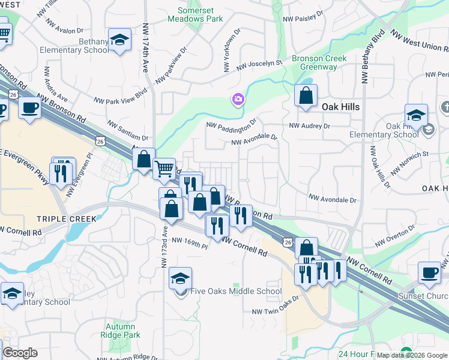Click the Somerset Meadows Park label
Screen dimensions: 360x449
200,15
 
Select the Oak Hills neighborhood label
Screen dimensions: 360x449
340,106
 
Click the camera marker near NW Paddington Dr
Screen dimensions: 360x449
238,99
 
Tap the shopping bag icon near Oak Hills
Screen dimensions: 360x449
306,95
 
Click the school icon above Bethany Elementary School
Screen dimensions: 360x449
119,40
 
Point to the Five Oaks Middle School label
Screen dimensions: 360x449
236,292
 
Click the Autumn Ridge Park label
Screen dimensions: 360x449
121,331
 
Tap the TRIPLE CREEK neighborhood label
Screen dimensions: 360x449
66,219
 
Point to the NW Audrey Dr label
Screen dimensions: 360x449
310,126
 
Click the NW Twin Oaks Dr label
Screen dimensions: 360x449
276,308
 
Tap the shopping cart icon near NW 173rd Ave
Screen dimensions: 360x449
164,169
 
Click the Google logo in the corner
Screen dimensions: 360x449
20,353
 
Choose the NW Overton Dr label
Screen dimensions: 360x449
395,236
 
